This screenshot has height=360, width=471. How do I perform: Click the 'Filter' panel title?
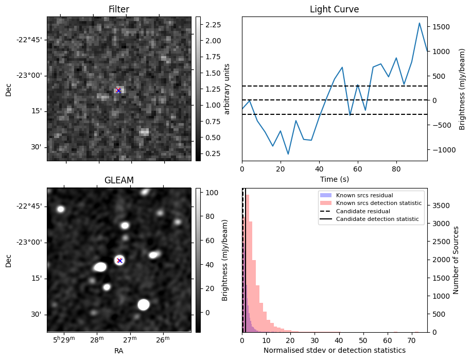pos(119,9)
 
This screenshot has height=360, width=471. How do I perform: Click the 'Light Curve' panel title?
pos(334,9)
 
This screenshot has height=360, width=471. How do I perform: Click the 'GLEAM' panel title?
pos(119,180)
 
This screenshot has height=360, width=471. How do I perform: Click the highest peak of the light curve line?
pos(420,23)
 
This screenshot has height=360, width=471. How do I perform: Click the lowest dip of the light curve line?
pos(288,154)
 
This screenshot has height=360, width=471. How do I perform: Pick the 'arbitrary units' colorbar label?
pos(227,89)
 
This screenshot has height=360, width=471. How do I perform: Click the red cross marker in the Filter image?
pos(118,91)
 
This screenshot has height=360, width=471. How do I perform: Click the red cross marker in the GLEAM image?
pos(119,261)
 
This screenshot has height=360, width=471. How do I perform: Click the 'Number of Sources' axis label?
pos(456,260)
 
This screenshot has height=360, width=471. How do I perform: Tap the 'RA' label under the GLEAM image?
pos(119,351)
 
